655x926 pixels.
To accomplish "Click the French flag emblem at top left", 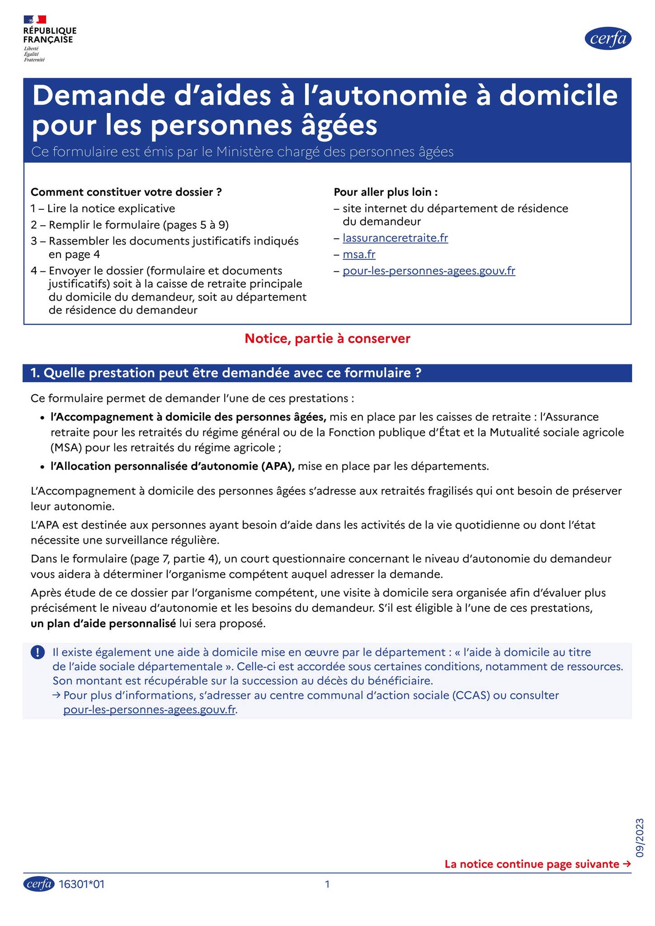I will (35, 19).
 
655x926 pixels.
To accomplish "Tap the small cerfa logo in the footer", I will (39, 883).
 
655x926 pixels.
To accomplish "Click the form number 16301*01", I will (82, 884).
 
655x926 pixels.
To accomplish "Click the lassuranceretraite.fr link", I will (395, 238).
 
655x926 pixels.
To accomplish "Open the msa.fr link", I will (359, 254).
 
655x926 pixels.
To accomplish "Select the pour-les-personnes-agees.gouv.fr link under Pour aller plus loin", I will (429, 271).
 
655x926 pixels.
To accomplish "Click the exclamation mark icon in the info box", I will (38, 652).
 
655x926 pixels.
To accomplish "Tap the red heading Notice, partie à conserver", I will (327, 338).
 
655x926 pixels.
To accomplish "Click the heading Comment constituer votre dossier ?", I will (126, 192).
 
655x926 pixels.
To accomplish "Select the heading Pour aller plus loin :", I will (386, 192).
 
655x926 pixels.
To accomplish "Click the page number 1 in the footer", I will (327, 884).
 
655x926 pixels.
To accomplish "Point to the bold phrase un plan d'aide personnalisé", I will (103, 624).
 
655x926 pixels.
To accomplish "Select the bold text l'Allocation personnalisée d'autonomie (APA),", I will (172, 466).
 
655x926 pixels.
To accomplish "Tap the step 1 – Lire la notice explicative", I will (103, 208).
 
